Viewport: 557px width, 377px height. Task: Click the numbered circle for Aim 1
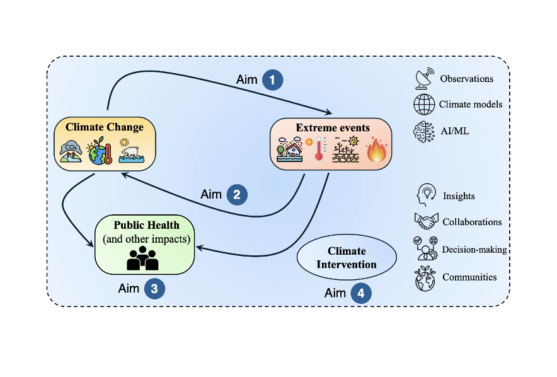[x=272, y=80]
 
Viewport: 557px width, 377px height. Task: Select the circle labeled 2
[x=236, y=194]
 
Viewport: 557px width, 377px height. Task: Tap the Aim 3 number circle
[x=154, y=289]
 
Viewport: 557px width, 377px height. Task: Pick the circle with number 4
[x=360, y=293]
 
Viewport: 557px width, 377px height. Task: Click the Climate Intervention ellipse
[x=347, y=258]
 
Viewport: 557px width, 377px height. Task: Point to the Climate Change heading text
[x=105, y=127]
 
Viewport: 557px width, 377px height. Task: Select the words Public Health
[x=147, y=225]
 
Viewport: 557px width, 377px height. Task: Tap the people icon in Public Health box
[x=143, y=258]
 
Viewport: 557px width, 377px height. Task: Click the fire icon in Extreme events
[x=377, y=151]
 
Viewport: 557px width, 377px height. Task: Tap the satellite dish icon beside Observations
[x=423, y=78]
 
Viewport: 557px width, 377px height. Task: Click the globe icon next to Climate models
[x=423, y=103]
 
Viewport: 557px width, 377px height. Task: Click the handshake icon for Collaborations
[x=425, y=221]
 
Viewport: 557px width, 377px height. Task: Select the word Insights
[x=459, y=196]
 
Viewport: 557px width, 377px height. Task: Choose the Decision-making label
[x=474, y=250]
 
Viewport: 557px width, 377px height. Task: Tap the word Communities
[x=469, y=277]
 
